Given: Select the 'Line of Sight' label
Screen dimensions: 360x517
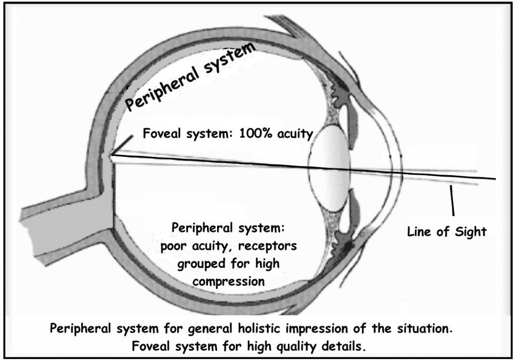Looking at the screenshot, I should (x=446, y=232).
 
